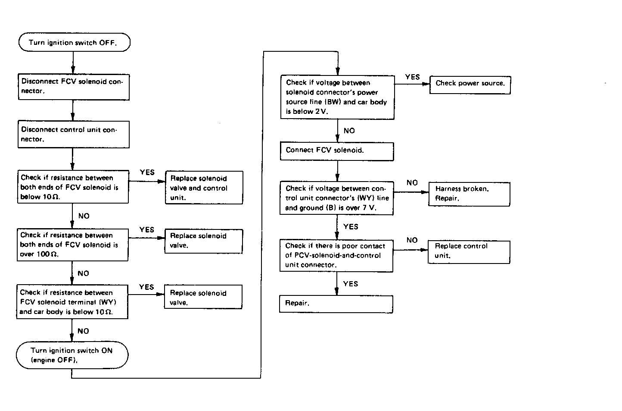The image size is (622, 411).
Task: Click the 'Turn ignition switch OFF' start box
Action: [x=74, y=42]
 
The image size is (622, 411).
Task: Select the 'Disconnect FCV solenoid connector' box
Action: [x=74, y=87]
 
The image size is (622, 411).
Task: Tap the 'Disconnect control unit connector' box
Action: [x=73, y=134]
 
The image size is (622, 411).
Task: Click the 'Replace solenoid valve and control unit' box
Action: [x=204, y=188]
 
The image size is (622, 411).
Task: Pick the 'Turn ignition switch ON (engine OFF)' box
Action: [x=72, y=355]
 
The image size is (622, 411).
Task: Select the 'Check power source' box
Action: [x=470, y=85]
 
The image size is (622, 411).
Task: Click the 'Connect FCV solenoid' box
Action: [x=337, y=151]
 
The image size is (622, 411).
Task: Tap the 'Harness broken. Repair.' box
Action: [x=469, y=194]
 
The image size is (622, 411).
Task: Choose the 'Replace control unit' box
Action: [x=469, y=252]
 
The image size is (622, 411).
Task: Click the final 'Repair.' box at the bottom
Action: [x=336, y=304]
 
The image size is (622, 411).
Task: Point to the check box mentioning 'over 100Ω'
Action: [x=72, y=245]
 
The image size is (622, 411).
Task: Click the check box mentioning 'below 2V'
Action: [x=337, y=97]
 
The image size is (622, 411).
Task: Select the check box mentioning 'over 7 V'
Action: [x=336, y=198]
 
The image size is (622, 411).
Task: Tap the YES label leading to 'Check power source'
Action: [x=412, y=77]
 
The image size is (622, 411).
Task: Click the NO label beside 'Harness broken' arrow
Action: [x=412, y=183]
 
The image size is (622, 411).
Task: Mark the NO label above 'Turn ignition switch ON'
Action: [x=83, y=331]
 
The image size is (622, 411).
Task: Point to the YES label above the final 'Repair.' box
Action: [x=351, y=284]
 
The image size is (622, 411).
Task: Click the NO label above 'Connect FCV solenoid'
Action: [x=349, y=131]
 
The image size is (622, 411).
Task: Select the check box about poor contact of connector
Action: [x=336, y=256]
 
